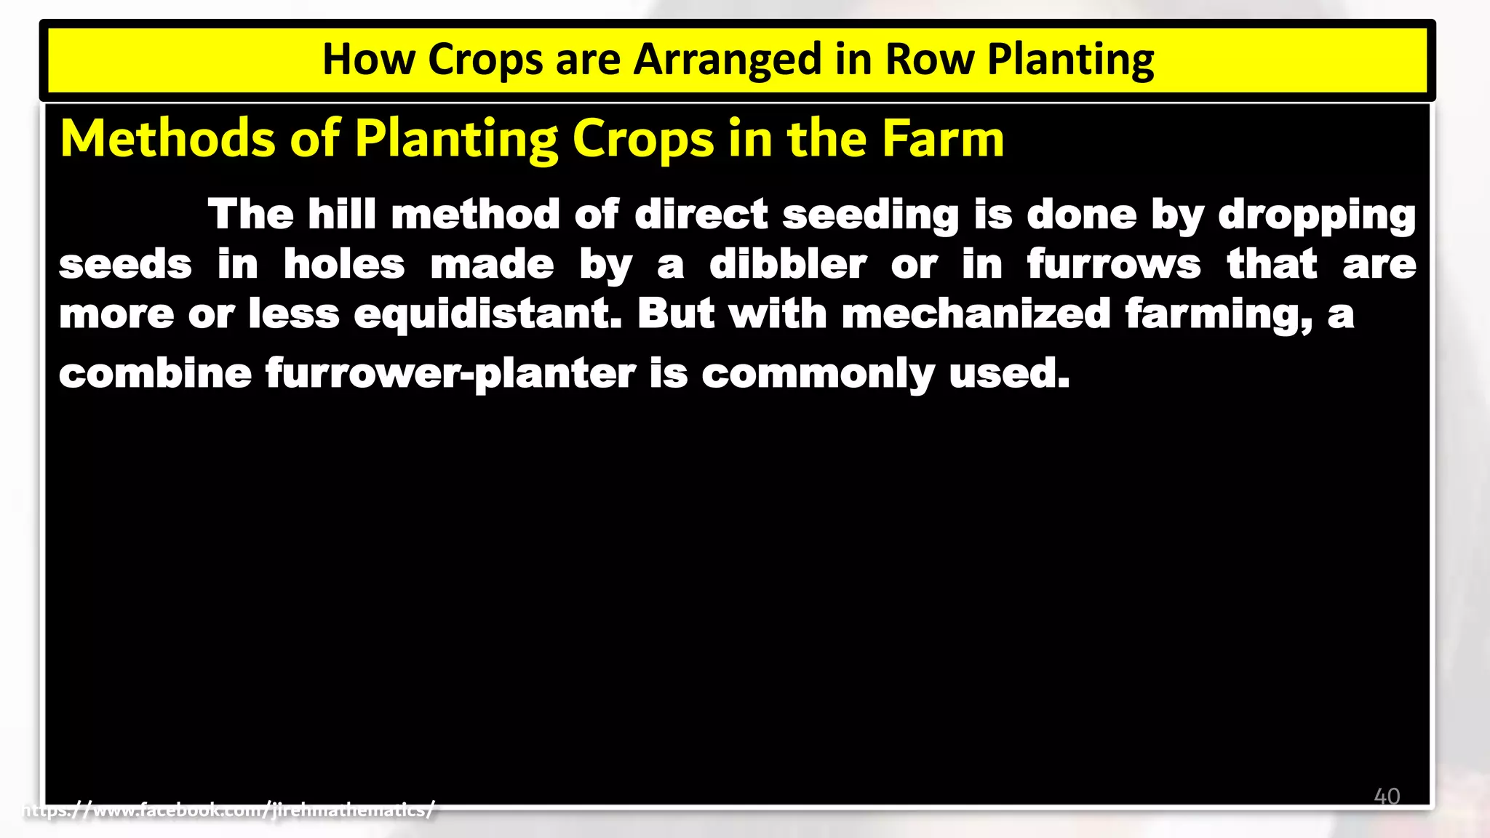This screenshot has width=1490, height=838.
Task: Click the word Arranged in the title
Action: pyautogui.click(x=727, y=60)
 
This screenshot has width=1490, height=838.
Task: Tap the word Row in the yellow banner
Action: pyautogui.click(x=929, y=59)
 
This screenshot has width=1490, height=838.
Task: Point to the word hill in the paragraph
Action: pyautogui.click(x=342, y=215)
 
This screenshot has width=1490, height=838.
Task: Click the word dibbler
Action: pyautogui.click(x=787, y=264)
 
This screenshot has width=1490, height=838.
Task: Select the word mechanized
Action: pyautogui.click(x=976, y=314)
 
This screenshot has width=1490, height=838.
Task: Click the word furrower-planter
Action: pyautogui.click(x=450, y=373)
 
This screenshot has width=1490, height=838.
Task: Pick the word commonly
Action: pyautogui.click(x=818, y=374)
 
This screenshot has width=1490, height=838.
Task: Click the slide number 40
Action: pyautogui.click(x=1387, y=796)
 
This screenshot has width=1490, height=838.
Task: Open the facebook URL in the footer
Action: pyautogui.click(x=229, y=810)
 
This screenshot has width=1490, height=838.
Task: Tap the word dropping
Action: pyautogui.click(x=1317, y=215)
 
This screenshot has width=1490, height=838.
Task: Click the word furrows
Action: pyautogui.click(x=1113, y=264)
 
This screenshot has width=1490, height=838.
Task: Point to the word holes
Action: pyautogui.click(x=343, y=264)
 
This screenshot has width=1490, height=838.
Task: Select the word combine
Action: pyautogui.click(x=155, y=373)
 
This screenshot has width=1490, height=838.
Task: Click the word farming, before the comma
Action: pyautogui.click(x=1216, y=314)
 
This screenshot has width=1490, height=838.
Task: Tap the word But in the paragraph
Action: pyautogui.click(x=676, y=314)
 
